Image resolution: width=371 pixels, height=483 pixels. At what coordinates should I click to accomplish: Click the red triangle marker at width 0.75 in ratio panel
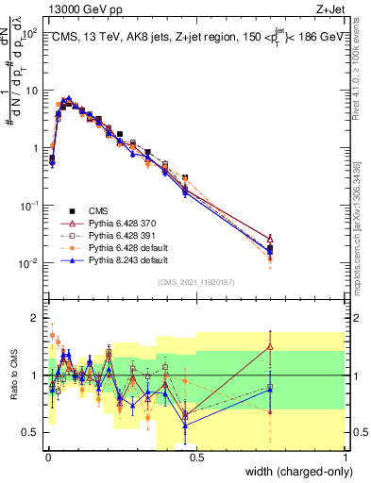pyautogui.click(x=270, y=346)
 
